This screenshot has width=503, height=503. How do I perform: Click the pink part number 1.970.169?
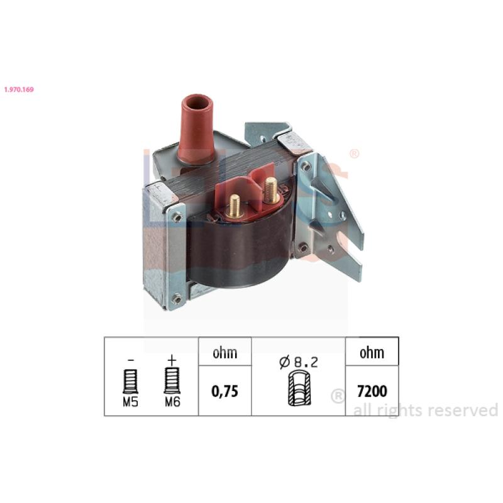click(19, 89)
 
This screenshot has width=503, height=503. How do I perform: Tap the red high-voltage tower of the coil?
click(196, 129)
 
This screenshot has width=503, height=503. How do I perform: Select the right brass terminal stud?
click(271, 191)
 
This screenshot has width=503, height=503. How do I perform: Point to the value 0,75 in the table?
click(225, 391)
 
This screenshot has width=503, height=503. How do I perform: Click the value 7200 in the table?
click(372, 391)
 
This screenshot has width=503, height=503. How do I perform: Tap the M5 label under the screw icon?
click(131, 402)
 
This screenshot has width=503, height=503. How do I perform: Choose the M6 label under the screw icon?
click(172, 402)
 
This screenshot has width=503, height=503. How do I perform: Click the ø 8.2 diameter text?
click(299, 362)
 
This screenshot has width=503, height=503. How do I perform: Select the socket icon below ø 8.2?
click(299, 389)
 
